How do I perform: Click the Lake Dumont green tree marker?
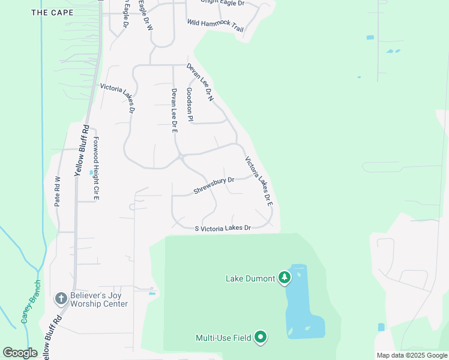click(285, 278)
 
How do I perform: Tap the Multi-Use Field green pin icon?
click(261, 337)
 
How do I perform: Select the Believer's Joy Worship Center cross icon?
click(61, 298)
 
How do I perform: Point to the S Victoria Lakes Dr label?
click(222, 228)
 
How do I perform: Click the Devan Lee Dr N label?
click(200, 82)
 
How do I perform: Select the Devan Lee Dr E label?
click(174, 110)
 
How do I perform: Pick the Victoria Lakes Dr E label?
click(259, 181)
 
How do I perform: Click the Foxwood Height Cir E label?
click(95, 168)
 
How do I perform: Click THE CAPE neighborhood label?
click(52, 12)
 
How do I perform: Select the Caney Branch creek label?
click(31, 301)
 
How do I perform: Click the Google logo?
click(20, 353)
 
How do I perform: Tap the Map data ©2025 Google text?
click(412, 355)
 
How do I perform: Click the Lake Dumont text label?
click(250, 278)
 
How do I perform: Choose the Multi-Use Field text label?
click(223, 338)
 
